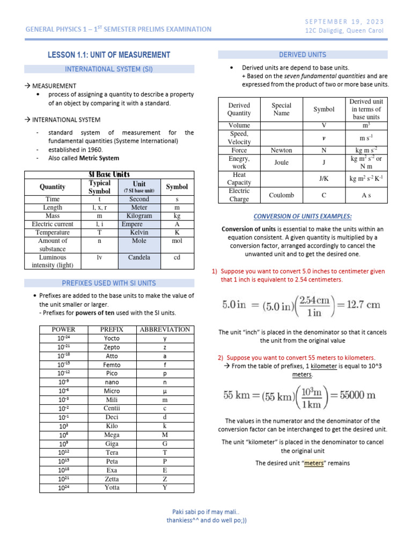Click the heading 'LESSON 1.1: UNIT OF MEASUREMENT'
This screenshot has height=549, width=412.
pos(109,55)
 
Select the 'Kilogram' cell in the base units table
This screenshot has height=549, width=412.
pos(139,216)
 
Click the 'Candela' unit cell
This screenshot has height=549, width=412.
pos(139,257)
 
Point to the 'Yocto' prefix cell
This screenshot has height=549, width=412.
pos(112,338)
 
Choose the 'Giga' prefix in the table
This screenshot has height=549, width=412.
pos(112,444)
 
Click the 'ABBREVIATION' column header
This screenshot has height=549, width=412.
pos(165,329)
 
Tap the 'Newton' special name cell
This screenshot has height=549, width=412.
pos(281,151)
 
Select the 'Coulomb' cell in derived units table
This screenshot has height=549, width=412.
pos(281,195)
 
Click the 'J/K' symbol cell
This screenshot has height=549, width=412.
pos(323,179)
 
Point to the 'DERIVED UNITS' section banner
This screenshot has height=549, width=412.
pos(302,55)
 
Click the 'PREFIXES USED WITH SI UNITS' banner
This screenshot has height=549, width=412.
pos(109,283)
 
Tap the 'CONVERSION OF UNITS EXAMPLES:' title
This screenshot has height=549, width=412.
pos(303,216)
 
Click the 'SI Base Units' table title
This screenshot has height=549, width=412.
pos(109,175)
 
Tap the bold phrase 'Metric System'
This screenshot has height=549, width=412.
pos(99,158)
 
